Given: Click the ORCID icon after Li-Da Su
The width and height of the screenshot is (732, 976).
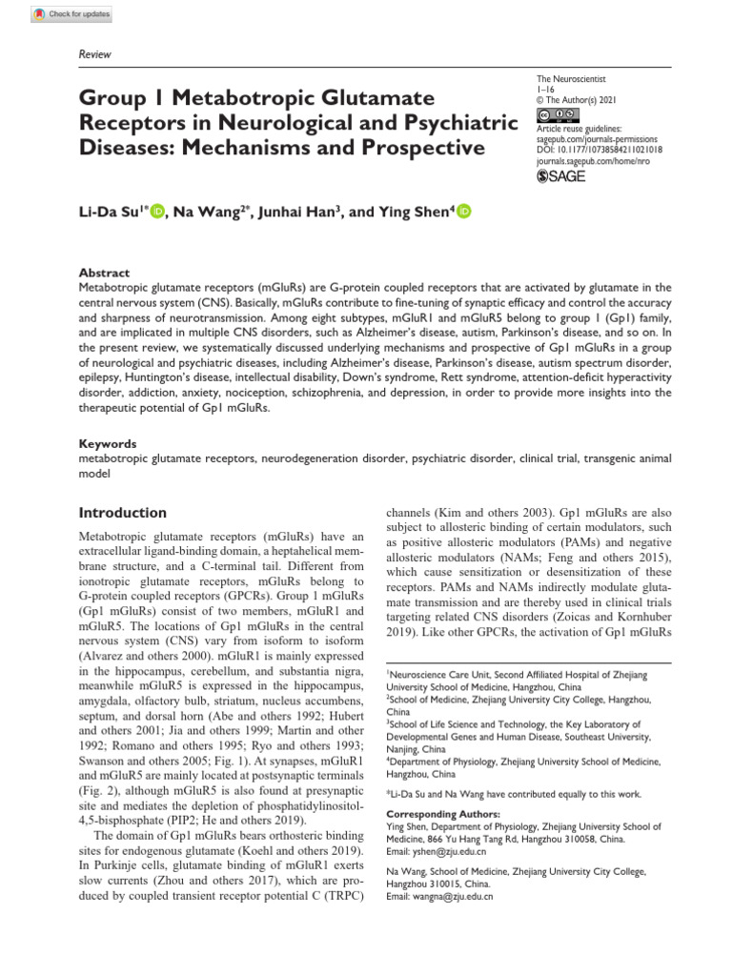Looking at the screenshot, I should pyautogui.click(x=158, y=212).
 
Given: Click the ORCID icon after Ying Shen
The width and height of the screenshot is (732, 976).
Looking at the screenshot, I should pyautogui.click(x=464, y=212).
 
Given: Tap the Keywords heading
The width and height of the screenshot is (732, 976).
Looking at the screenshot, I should pyautogui.click(x=107, y=443).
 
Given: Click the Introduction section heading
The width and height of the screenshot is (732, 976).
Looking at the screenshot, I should pyautogui.click(x=122, y=512).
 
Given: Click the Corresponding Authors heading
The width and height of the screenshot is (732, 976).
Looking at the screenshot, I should pyautogui.click(x=442, y=814).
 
